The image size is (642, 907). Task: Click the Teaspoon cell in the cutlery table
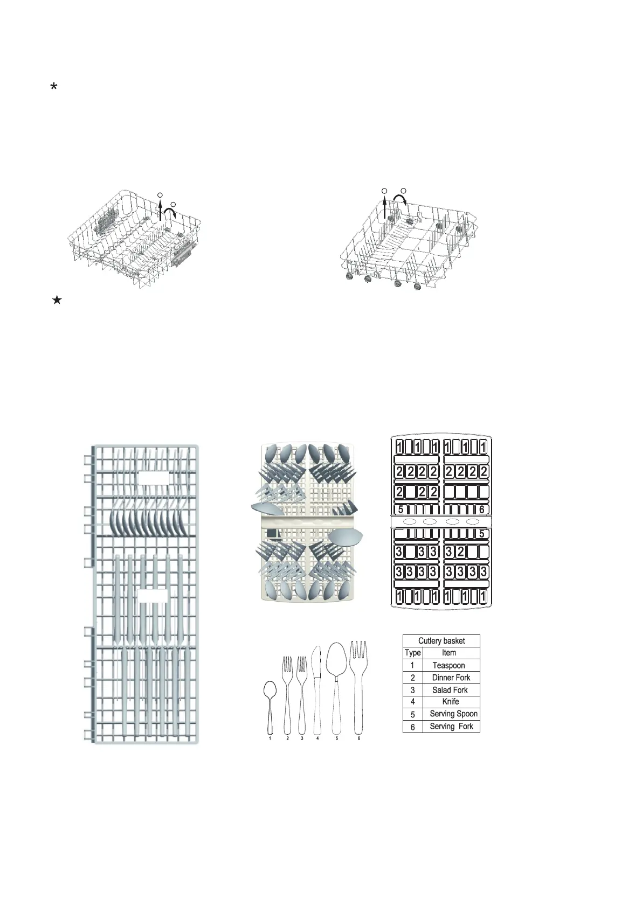(448, 665)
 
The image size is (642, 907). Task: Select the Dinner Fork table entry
(451, 678)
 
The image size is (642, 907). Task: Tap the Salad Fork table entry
(450, 690)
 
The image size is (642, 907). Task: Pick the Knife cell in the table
(451, 701)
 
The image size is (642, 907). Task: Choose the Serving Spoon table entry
(453, 714)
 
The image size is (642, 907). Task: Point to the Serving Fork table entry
(451, 726)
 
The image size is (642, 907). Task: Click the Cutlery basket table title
(441, 641)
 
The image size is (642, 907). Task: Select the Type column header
(413, 653)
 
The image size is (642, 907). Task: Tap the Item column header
(449, 653)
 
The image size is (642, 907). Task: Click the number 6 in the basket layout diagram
(482, 510)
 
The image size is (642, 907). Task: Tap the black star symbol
(57, 301)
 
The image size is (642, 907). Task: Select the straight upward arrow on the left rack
(160, 210)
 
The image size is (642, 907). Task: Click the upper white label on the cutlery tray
(154, 478)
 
